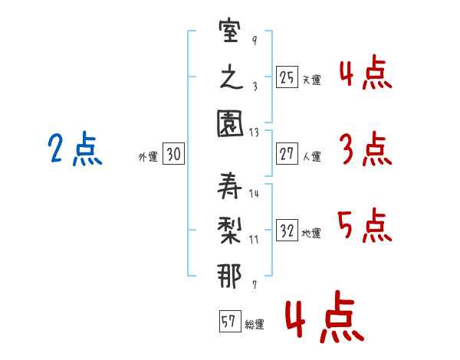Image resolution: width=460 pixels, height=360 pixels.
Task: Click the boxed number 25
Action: (x=287, y=77)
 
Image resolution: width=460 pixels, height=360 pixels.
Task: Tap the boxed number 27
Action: (x=287, y=154)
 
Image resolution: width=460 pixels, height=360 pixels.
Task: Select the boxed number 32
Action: (x=287, y=231)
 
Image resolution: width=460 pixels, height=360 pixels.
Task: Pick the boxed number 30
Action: (x=173, y=155)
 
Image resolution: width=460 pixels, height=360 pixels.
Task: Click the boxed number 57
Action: (x=228, y=322)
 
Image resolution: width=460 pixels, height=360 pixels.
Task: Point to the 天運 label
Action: (x=311, y=80)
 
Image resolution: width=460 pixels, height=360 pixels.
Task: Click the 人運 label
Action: (x=311, y=156)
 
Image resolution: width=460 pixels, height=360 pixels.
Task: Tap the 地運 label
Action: (x=311, y=233)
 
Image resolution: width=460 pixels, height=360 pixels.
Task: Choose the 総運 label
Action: (x=255, y=324)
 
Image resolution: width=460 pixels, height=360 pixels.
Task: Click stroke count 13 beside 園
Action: (x=255, y=133)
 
